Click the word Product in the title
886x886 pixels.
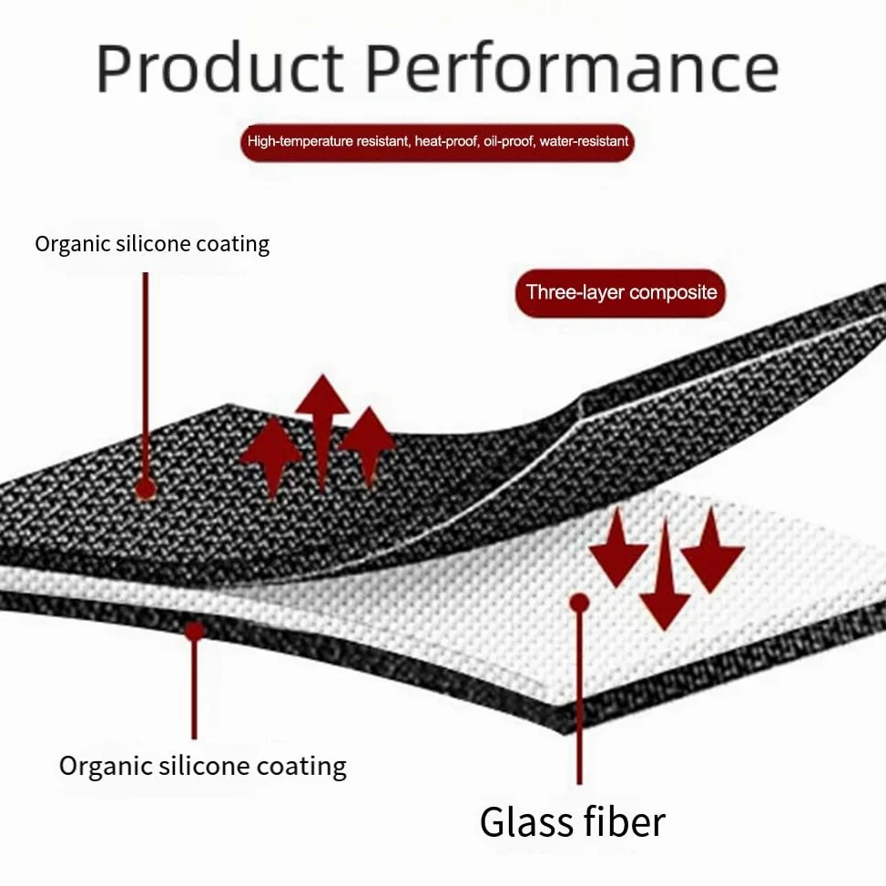click(x=219, y=67)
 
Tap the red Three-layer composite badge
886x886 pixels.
click(x=620, y=292)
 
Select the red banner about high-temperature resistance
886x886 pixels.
click(x=437, y=142)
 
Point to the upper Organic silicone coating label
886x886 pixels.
click(x=152, y=244)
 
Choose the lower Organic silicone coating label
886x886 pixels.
click(x=203, y=767)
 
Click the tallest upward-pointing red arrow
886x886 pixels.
click(x=322, y=433)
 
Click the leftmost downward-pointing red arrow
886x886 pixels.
click(x=617, y=547)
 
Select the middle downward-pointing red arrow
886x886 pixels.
click(x=665, y=575)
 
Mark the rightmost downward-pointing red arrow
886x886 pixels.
click(x=711, y=550)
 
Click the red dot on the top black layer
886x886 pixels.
click(x=145, y=489)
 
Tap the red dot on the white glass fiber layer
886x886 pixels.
click(x=579, y=603)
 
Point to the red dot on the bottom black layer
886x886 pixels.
click(x=194, y=631)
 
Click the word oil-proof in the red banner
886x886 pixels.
click(x=508, y=141)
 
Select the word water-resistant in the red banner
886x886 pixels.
click(x=584, y=141)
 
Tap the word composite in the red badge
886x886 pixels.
click(x=673, y=292)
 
